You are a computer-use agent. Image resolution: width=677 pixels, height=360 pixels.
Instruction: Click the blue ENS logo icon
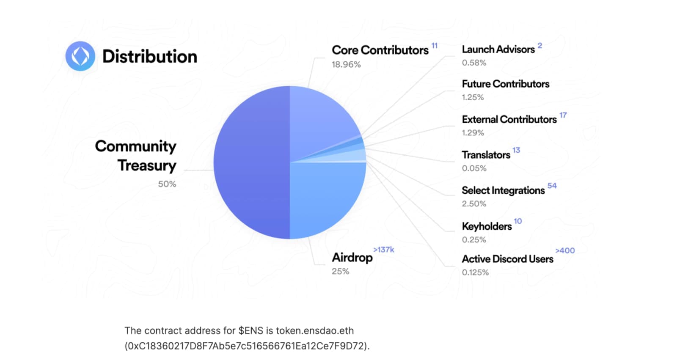(80, 56)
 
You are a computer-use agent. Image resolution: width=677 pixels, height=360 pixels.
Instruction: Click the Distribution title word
(150, 57)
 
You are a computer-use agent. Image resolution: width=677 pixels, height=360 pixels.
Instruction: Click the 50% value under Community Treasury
(167, 184)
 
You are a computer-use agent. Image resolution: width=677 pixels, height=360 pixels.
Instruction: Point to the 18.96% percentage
(346, 64)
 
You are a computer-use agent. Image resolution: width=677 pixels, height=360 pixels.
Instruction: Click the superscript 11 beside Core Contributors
(434, 46)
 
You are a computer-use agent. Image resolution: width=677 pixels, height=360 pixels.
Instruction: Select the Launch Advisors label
(498, 49)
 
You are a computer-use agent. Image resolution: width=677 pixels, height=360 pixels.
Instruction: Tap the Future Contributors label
(505, 84)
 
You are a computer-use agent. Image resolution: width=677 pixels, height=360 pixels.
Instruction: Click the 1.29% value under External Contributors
(473, 133)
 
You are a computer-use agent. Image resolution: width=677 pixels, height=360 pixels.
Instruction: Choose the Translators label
(486, 155)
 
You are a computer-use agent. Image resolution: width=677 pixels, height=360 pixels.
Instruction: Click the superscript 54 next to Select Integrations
(552, 186)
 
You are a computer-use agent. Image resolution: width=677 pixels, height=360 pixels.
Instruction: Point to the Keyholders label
(487, 226)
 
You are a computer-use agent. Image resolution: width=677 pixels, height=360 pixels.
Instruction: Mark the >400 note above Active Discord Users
(565, 250)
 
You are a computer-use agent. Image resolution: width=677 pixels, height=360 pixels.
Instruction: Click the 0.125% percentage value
(475, 272)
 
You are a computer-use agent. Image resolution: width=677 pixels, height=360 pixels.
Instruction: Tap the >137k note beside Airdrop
(383, 250)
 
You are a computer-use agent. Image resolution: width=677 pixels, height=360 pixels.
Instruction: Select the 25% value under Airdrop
(340, 271)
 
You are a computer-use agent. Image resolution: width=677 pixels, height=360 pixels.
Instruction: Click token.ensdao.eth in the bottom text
(314, 330)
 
